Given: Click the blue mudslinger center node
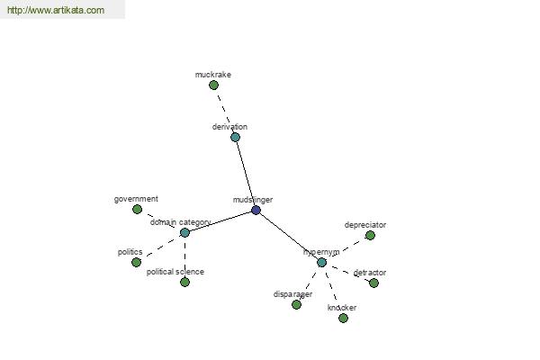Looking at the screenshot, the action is pyautogui.click(x=256, y=210).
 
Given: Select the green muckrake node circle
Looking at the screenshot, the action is pyautogui.click(x=213, y=85).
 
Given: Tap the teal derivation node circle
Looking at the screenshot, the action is pyautogui.click(x=235, y=137).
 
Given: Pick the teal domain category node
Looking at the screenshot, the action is pyautogui.click(x=184, y=232).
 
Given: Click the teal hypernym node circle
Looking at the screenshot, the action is pyautogui.click(x=321, y=263).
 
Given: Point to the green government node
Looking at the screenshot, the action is pyautogui.click(x=137, y=209).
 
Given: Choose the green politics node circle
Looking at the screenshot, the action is pyautogui.click(x=137, y=262).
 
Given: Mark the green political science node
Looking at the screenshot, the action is pyautogui.click(x=184, y=282).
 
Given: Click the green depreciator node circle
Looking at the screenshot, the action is pyautogui.click(x=370, y=235).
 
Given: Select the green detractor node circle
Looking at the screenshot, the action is pyautogui.click(x=374, y=283).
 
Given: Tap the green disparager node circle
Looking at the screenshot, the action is pyautogui.click(x=296, y=304).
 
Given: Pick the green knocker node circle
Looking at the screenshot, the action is pyautogui.click(x=343, y=318).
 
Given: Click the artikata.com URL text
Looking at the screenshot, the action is pyautogui.click(x=56, y=10).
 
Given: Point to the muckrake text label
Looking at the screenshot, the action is pyautogui.click(x=212, y=75).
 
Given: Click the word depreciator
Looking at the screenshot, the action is pyautogui.click(x=365, y=225).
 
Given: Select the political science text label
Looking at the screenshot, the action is pyautogui.click(x=175, y=272).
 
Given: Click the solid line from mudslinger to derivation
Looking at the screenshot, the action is pyautogui.click(x=246, y=174).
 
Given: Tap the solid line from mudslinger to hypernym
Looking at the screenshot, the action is pyautogui.click(x=289, y=237).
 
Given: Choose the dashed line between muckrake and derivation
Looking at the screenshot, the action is pyautogui.click(x=224, y=111).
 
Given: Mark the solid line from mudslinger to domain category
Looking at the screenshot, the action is pyautogui.click(x=220, y=221).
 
